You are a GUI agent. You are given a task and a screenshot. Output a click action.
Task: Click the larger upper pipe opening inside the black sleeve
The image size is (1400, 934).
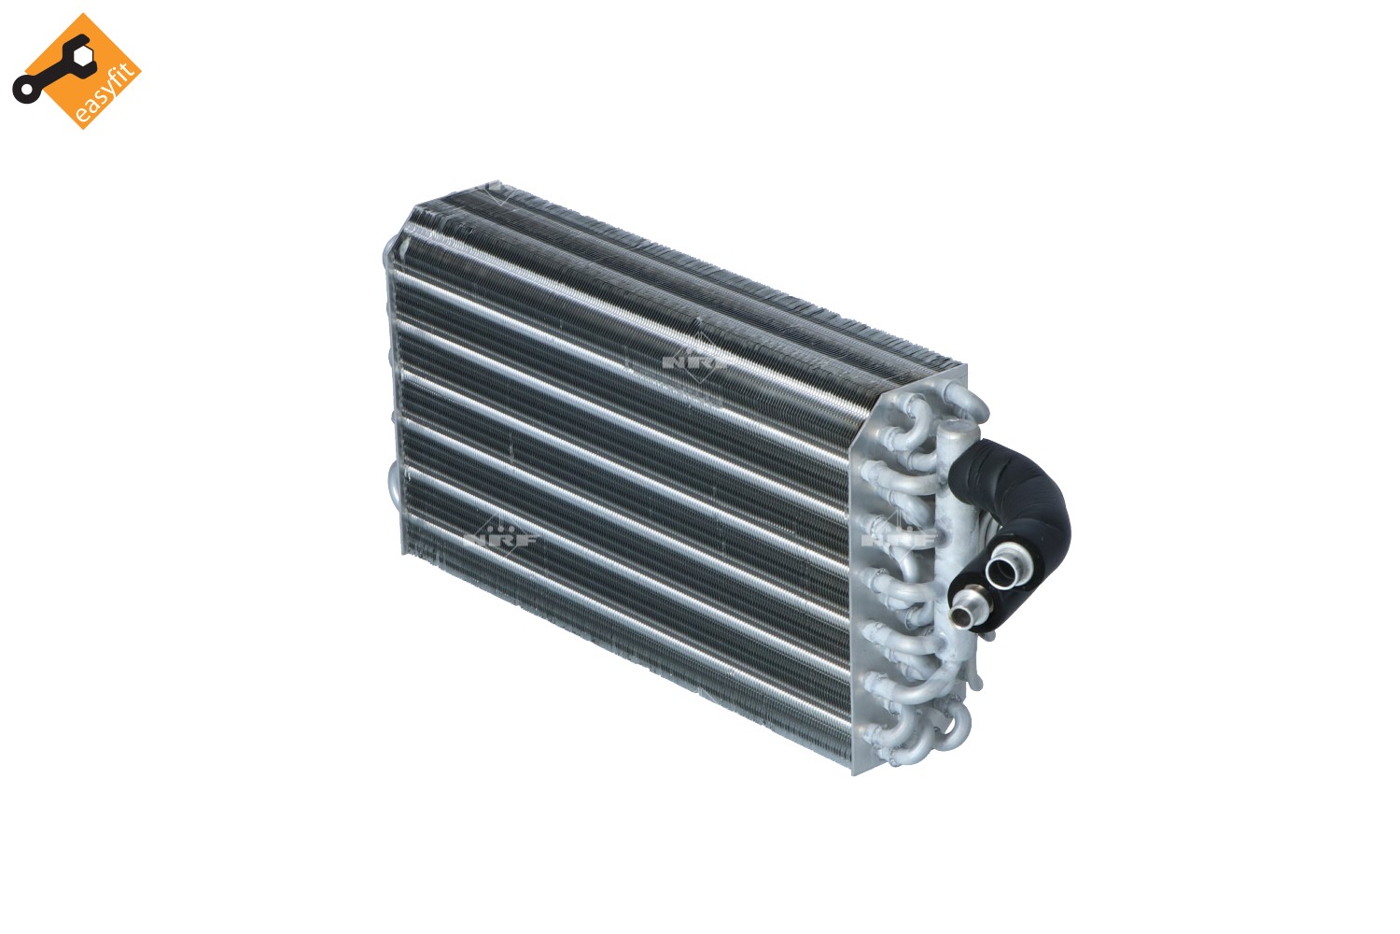click(1001, 569)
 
